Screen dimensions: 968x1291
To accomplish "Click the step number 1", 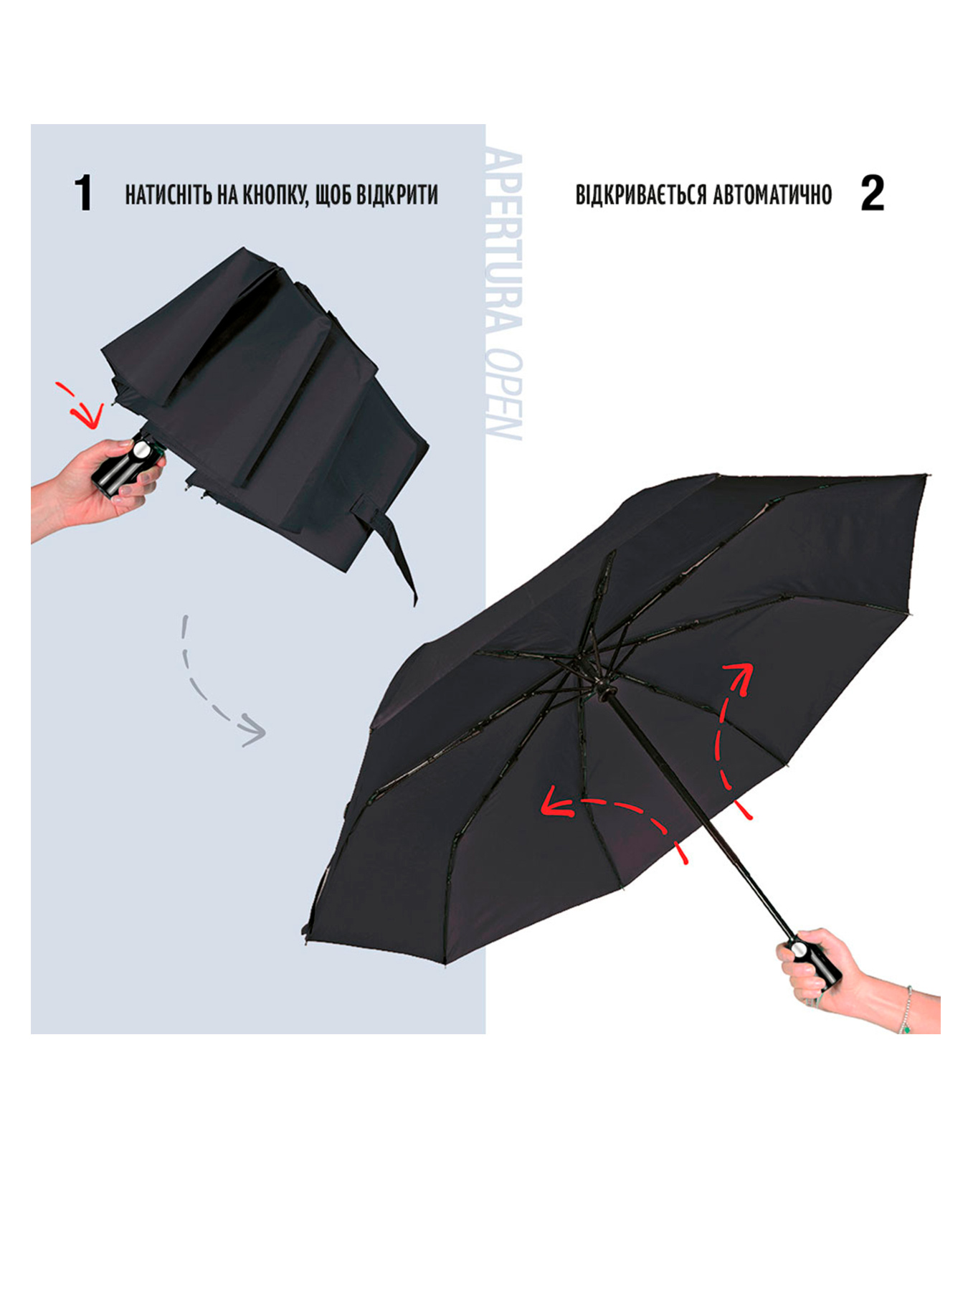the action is [x=84, y=193].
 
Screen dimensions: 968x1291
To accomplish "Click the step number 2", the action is [x=872, y=193].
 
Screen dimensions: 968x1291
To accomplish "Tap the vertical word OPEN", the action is [x=503, y=395].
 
